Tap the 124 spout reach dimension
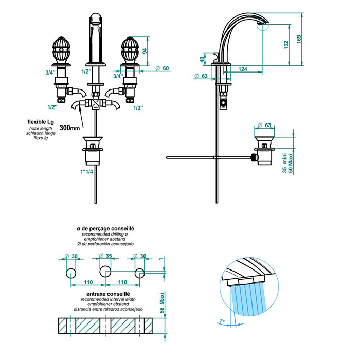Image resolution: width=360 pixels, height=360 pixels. pos(243,68)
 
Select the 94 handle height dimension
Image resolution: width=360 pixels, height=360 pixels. pos(145,51)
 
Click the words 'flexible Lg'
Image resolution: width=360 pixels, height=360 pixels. pos(42,122)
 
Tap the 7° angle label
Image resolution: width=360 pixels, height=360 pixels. pos(222,321)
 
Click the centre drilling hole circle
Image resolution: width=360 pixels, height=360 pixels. pos(106,271)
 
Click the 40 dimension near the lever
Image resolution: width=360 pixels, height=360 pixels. pos(203,60)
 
